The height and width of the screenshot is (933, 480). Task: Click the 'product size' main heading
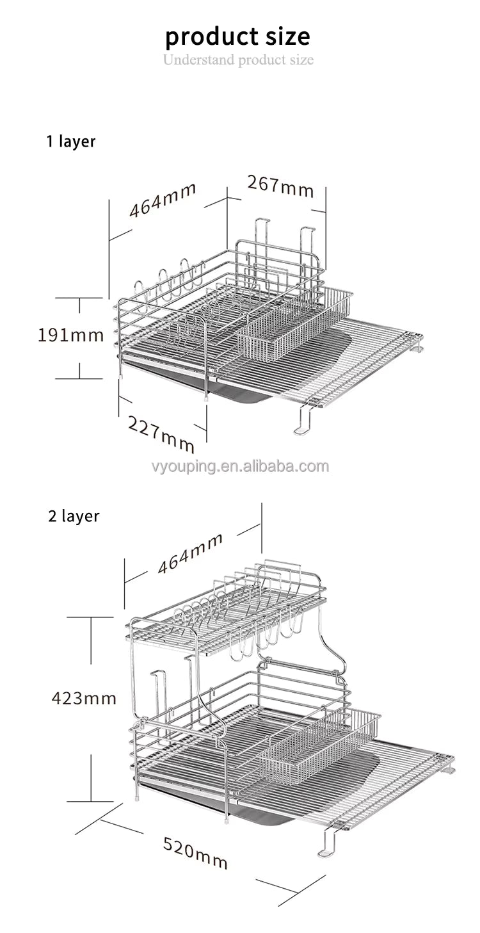click(237, 37)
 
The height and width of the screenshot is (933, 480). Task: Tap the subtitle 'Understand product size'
click(238, 60)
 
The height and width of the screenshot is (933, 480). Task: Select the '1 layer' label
click(70, 142)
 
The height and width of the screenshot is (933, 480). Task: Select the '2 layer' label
click(74, 516)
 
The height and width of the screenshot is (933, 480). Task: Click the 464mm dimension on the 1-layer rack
click(163, 200)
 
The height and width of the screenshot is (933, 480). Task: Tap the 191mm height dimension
click(70, 335)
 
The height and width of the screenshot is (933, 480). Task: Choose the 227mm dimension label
click(161, 433)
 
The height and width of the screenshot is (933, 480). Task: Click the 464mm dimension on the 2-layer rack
click(190, 553)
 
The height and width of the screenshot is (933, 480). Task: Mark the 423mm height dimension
click(84, 697)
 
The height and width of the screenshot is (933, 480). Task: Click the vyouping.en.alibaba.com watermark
click(238, 466)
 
